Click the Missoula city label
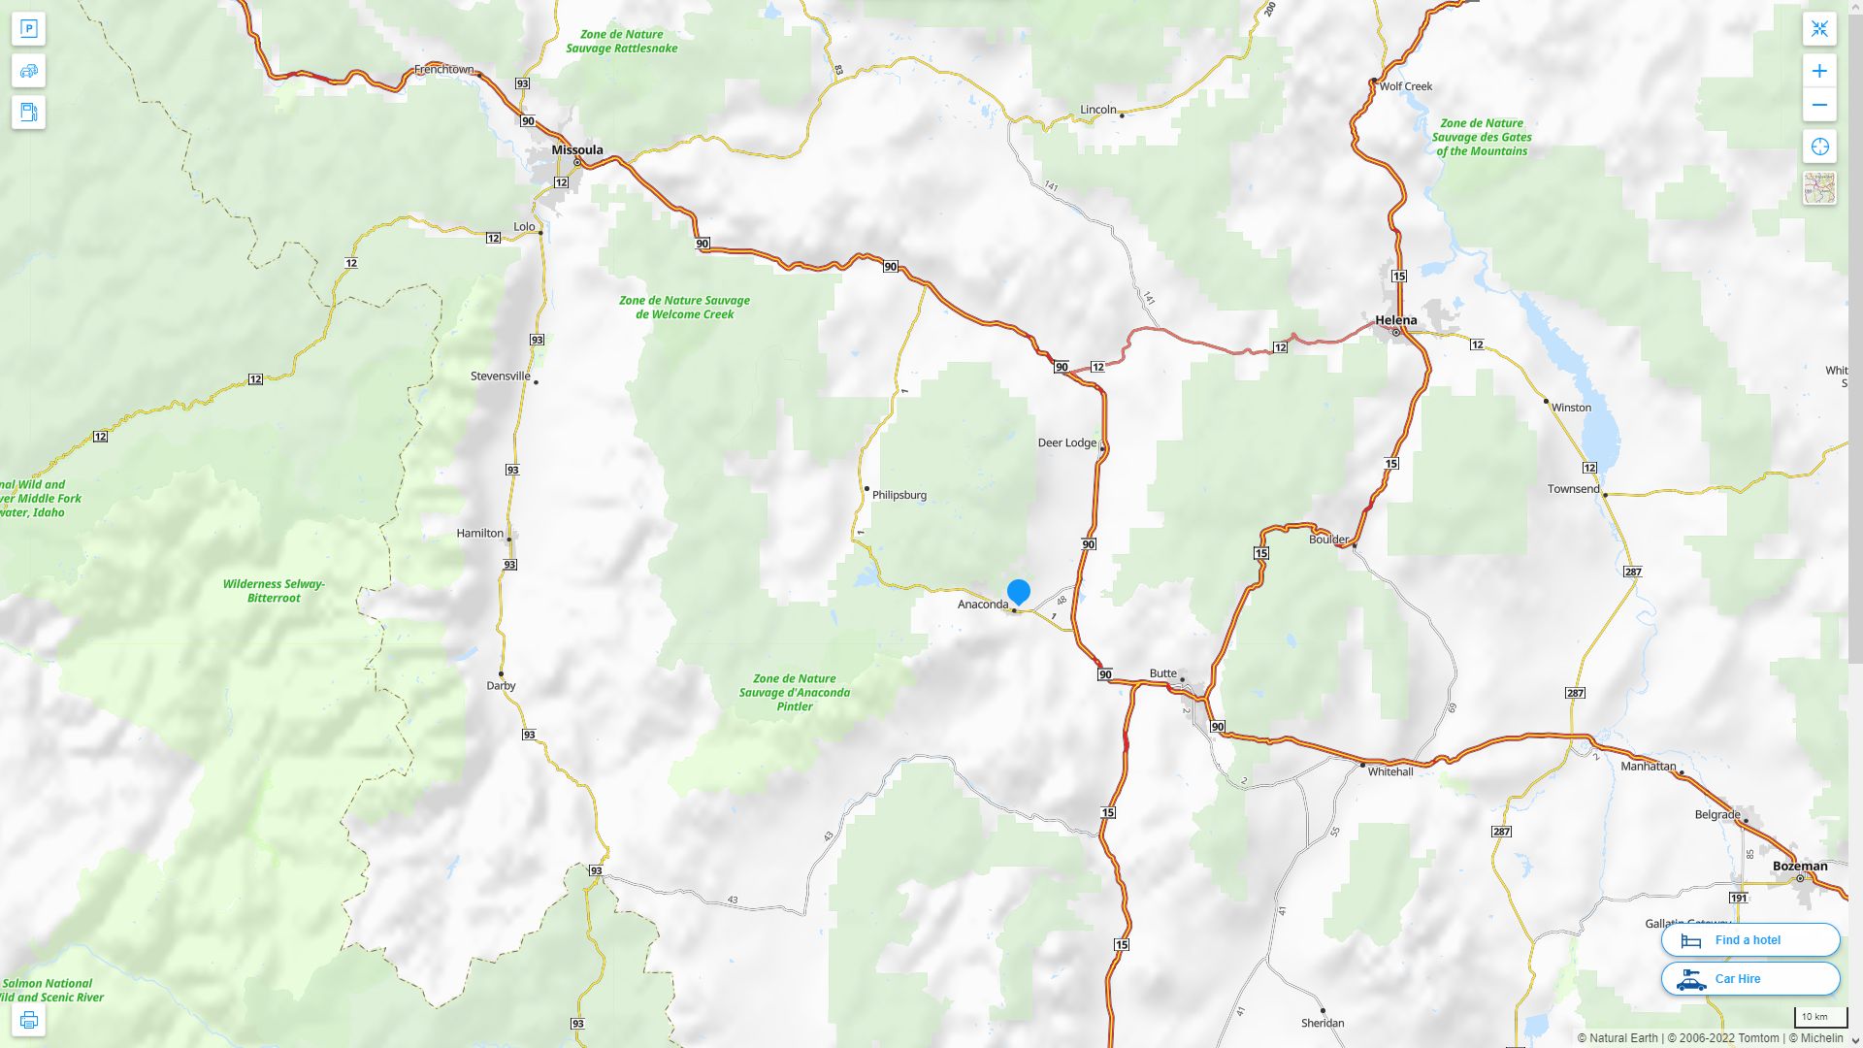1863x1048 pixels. click(x=576, y=149)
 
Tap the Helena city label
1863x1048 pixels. click(x=1395, y=320)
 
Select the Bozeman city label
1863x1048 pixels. click(x=1799, y=866)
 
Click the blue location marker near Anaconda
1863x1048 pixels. click(x=1018, y=591)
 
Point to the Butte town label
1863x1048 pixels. click(x=1162, y=673)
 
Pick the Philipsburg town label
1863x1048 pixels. click(x=899, y=495)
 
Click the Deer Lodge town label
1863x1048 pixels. click(x=1066, y=442)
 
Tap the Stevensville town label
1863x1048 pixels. click(x=500, y=377)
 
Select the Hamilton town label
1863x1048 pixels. click(x=479, y=533)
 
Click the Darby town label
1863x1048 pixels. click(x=501, y=685)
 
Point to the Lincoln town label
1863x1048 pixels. click(x=1097, y=110)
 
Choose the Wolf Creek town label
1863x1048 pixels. click(x=1405, y=86)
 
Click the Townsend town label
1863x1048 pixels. click(x=1572, y=489)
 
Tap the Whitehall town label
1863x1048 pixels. click(x=1389, y=771)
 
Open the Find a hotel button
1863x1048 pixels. click(x=1749, y=939)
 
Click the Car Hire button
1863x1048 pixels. click(x=1749, y=978)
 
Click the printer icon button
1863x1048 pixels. click(x=28, y=1020)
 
